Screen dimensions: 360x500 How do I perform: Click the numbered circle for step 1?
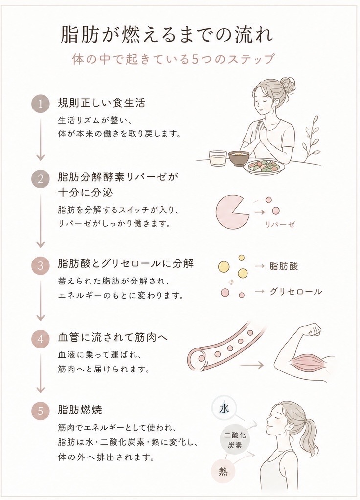tap(40, 104)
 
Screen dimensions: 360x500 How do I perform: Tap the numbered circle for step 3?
tap(40, 265)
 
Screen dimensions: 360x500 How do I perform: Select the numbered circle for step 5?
tap(40, 411)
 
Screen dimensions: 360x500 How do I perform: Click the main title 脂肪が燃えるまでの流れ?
tap(167, 35)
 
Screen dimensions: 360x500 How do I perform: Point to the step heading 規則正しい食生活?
tap(101, 103)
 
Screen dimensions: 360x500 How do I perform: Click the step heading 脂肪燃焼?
tap(80, 410)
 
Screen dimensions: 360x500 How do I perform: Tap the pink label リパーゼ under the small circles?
tap(280, 224)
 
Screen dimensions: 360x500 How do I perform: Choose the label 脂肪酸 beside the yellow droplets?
tap(284, 266)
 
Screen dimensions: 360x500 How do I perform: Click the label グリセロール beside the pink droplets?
tap(296, 291)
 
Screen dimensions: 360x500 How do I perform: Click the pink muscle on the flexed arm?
tap(304, 362)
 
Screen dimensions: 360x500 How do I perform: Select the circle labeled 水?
tap(224, 409)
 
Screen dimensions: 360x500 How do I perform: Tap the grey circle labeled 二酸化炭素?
tap(235, 440)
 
